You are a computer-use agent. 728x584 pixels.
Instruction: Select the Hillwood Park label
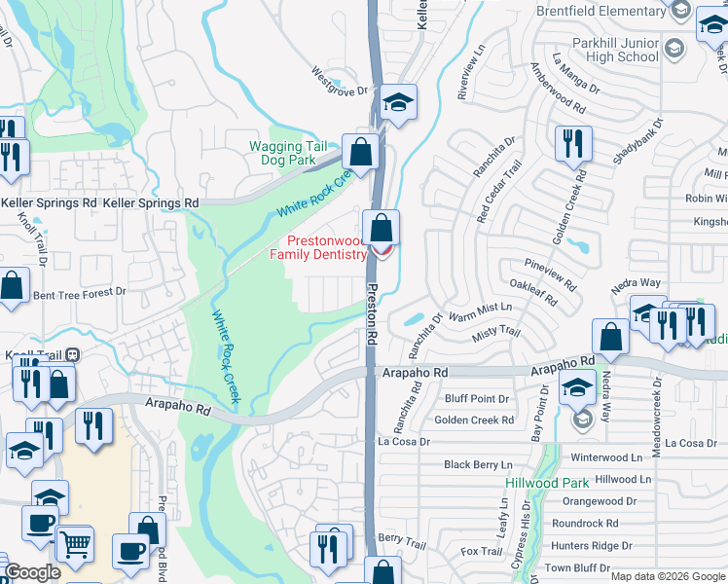(546, 483)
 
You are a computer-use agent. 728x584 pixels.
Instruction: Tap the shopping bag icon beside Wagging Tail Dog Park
(361, 153)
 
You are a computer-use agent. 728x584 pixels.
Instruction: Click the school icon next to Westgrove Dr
(397, 103)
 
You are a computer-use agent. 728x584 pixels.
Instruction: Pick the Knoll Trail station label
(35, 355)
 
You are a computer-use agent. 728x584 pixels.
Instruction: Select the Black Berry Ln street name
(478, 465)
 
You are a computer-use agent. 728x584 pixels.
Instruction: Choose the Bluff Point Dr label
(477, 399)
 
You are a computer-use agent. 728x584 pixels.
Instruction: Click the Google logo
(33, 572)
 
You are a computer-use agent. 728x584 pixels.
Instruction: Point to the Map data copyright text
(667, 576)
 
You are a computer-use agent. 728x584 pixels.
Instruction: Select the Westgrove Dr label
(341, 82)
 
